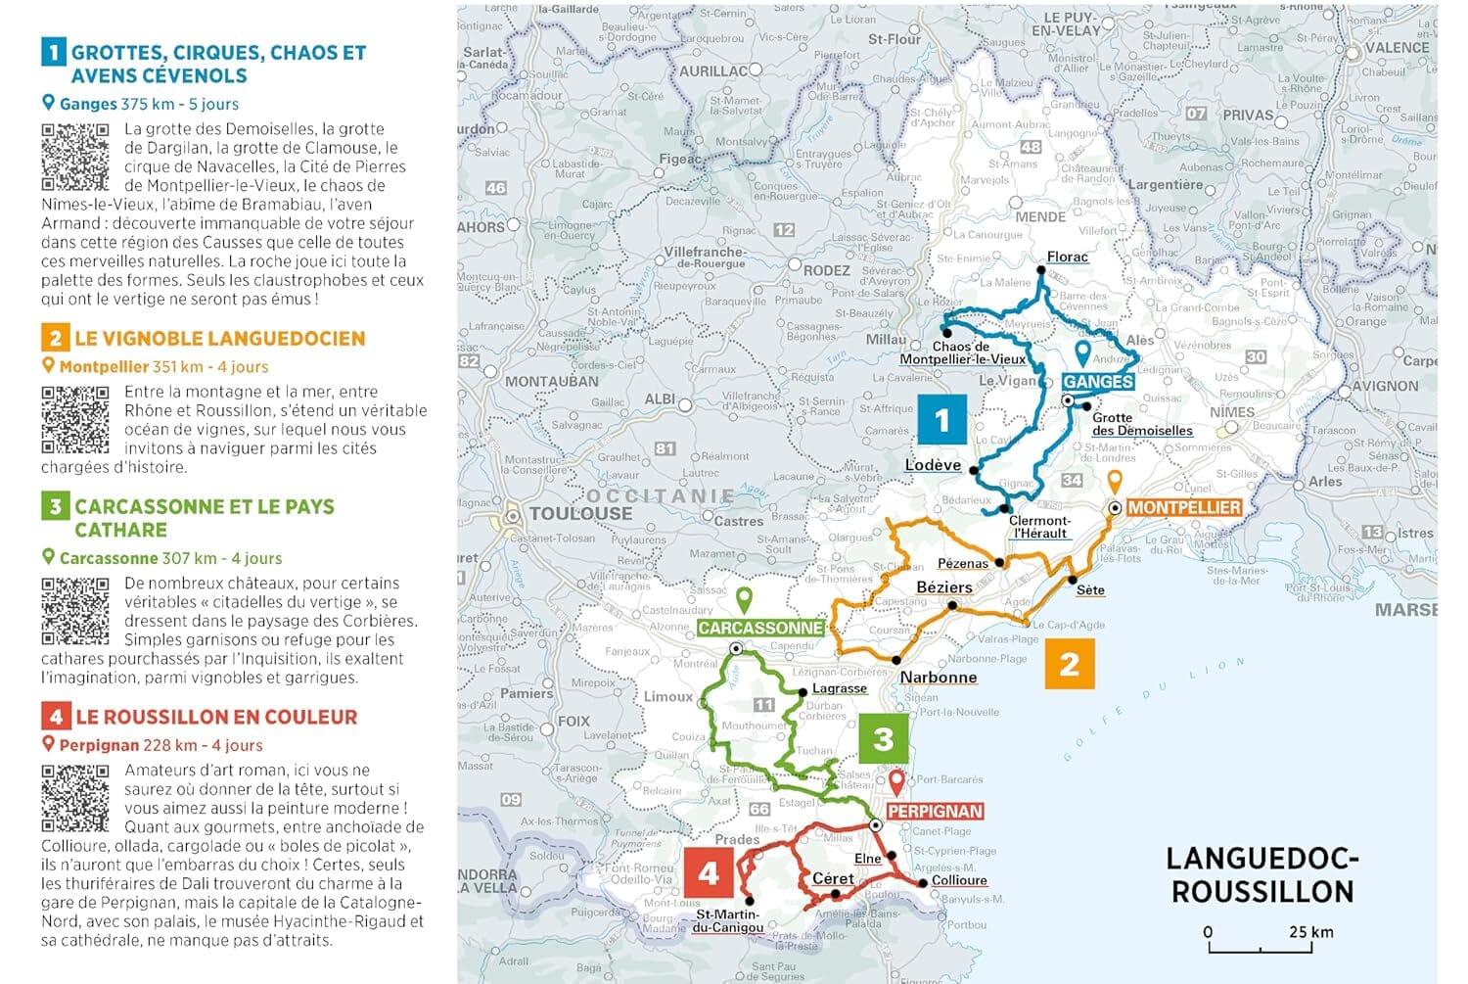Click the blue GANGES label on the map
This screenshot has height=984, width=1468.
(x=1098, y=382)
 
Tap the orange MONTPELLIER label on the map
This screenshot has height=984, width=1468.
(x=1183, y=507)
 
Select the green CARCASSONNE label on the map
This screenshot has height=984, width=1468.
(x=760, y=628)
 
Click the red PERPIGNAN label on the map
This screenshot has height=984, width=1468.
(x=935, y=811)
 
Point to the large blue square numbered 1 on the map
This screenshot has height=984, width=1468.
(x=941, y=420)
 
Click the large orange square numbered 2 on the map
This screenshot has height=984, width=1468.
(x=1069, y=664)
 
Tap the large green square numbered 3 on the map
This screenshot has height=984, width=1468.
(x=883, y=738)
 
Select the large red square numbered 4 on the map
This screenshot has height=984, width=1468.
(x=709, y=872)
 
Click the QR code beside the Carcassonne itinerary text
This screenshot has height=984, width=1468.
(x=75, y=610)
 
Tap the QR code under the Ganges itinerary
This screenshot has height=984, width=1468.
(x=75, y=157)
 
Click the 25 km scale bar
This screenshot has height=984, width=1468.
(x=1260, y=947)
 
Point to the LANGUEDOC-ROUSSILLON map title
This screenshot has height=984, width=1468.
(x=1262, y=874)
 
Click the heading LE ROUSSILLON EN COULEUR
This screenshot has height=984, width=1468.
(x=216, y=717)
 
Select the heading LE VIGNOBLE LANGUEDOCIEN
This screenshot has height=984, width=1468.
(x=219, y=339)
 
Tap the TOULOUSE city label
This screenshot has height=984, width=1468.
(x=580, y=513)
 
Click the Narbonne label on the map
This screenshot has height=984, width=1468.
(x=938, y=677)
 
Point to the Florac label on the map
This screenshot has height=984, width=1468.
(x=1067, y=257)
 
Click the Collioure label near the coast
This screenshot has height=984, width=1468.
(x=959, y=880)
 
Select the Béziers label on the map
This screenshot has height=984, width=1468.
(x=943, y=587)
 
